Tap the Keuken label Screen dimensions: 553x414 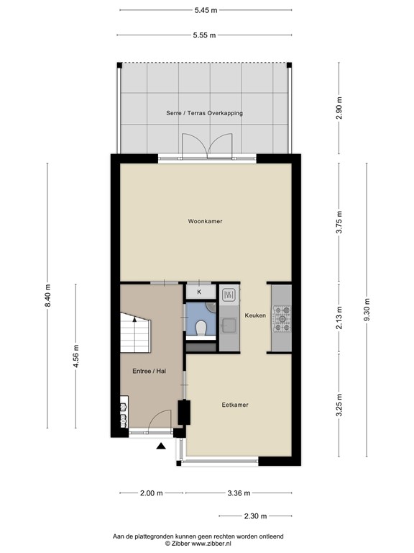point(255,315)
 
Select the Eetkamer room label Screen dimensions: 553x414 point(235,405)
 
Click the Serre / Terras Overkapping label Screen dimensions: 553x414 point(204,113)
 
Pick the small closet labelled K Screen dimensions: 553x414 point(199,292)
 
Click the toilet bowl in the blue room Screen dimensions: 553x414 point(201,329)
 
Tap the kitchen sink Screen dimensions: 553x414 point(229,294)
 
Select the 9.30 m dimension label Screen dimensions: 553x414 point(367,303)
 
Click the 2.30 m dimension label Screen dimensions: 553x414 point(254,516)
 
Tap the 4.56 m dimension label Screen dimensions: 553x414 point(76,357)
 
